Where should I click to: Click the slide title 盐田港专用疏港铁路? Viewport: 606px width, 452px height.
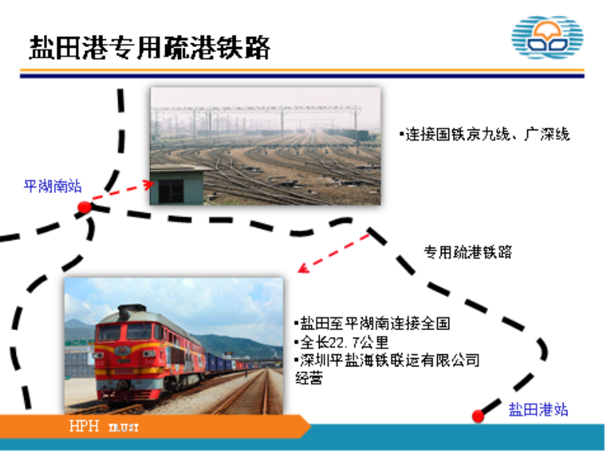tap(149, 48)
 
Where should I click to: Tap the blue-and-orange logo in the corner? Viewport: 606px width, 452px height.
tap(547, 37)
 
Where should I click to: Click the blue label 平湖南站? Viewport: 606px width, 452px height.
tap(52, 186)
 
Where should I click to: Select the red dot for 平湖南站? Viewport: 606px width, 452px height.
tap(84, 207)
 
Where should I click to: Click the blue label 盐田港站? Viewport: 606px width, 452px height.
tap(538, 410)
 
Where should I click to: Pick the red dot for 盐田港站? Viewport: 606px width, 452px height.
tap(478, 416)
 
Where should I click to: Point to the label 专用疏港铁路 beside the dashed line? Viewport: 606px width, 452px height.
tap(467, 252)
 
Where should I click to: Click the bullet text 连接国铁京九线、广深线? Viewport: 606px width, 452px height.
tap(485, 135)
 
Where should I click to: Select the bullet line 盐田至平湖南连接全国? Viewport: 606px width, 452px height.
tap(372, 323)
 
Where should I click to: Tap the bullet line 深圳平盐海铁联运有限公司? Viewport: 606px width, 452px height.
tap(387, 360)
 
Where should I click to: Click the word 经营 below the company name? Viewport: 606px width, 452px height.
tap(309, 378)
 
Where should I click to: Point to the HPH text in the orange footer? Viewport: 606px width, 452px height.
tap(84, 426)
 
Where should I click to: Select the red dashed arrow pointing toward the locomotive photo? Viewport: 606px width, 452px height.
tap(334, 253)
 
